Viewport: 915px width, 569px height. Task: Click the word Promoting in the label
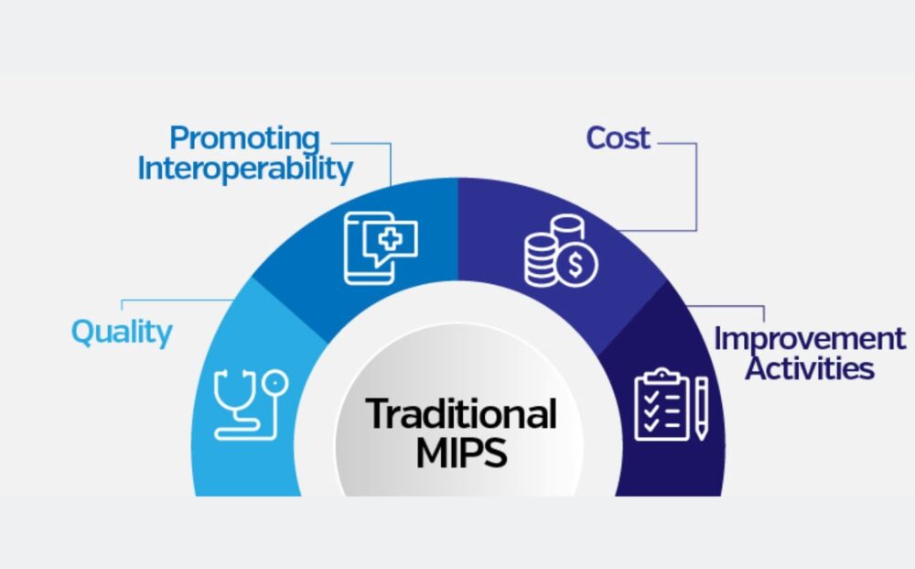tap(244, 140)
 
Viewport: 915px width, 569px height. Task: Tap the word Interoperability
tap(244, 170)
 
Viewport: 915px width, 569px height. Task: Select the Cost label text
tap(618, 138)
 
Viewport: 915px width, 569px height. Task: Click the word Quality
tap(122, 332)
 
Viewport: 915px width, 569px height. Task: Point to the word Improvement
tap(810, 339)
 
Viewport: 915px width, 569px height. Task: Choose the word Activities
tap(809, 368)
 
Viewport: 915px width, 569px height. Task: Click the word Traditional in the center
tap(461, 414)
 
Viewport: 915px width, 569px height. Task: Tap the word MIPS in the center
tap(461, 453)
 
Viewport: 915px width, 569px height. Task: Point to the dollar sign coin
tap(577, 265)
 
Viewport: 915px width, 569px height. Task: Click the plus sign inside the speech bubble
tap(391, 241)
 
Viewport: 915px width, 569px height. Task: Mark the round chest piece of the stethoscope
tap(275, 380)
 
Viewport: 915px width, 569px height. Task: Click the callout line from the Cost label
tap(695, 183)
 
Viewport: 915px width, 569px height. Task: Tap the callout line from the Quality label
tap(174, 300)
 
